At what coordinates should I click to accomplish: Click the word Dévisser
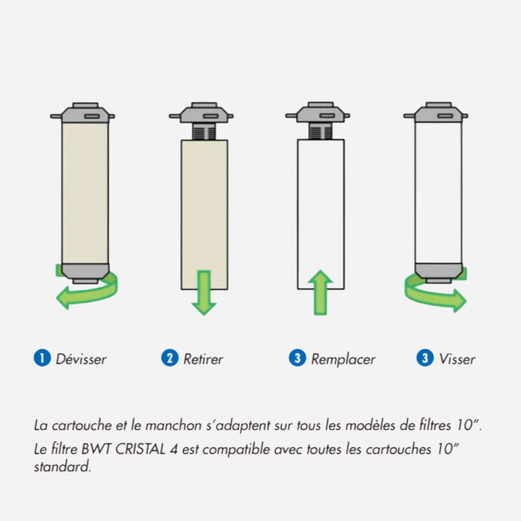tap(81, 359)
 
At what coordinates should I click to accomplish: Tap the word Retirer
tap(203, 359)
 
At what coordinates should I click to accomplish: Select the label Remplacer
tap(343, 359)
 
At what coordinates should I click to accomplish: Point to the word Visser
tap(457, 359)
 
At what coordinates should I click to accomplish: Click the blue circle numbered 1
tap(42, 358)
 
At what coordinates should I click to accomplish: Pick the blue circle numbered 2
tap(170, 358)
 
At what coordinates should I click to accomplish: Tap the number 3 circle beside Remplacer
tap(297, 358)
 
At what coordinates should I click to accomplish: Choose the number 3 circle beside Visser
tap(425, 358)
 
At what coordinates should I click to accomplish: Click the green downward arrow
tap(204, 293)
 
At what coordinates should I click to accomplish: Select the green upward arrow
tap(320, 292)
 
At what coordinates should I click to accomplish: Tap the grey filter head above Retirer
tap(201, 113)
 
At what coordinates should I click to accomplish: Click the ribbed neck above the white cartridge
tap(320, 131)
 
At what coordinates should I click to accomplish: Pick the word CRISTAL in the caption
tap(140, 449)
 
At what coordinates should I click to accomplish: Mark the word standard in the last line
tap(62, 466)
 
